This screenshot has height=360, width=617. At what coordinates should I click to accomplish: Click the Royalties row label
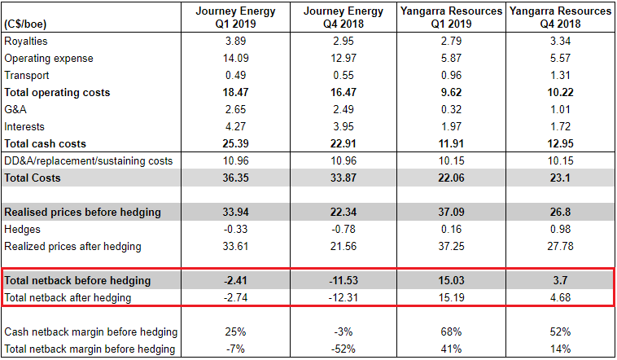pos(25,41)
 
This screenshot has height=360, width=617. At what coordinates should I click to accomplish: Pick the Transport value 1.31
pos(559,76)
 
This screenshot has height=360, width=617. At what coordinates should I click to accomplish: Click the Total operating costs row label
pos(57,93)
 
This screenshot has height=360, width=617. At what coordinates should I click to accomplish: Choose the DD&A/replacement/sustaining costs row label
pos(88,161)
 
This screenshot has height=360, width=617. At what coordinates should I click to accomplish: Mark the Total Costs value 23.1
pos(559,178)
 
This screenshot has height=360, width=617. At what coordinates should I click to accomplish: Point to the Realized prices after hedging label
pos(73,247)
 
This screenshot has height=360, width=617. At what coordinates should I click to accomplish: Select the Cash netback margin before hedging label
pos(91,332)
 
